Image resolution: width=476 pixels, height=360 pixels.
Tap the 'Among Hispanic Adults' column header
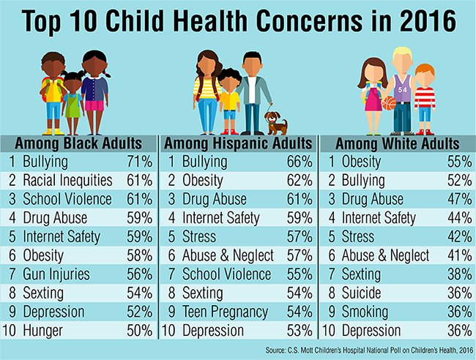[x=238, y=142]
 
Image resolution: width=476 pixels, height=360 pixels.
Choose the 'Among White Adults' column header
[x=398, y=142]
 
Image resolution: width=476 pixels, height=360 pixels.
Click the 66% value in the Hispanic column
[x=296, y=160]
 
